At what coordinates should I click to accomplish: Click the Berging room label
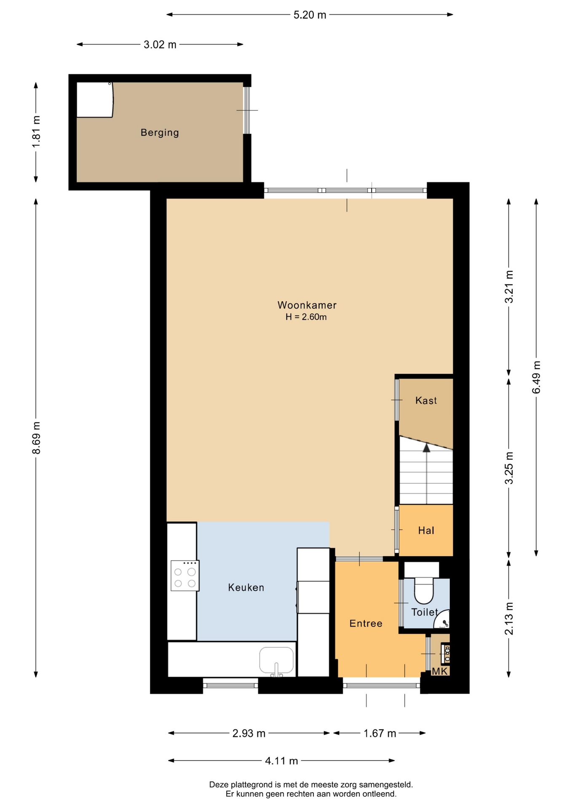point(160,133)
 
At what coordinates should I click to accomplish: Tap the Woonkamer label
point(307,305)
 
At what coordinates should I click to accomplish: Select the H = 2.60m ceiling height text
point(306,317)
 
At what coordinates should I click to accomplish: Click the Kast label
point(426,400)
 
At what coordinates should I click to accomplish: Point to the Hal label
point(426,530)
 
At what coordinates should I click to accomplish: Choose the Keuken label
point(246,587)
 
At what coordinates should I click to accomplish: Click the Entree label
point(366,623)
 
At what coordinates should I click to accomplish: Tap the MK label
point(439,671)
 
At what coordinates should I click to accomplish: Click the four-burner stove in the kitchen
point(185,576)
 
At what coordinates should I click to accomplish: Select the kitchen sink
point(276,661)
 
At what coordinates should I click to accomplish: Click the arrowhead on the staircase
point(427,447)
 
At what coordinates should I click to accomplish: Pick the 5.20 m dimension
point(310,15)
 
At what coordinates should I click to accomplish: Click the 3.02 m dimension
point(160,45)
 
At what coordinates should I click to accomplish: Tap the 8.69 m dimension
point(36,438)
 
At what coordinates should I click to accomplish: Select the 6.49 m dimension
point(536,377)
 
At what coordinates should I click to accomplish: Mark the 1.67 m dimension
point(380,734)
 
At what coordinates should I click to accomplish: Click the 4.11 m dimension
point(281,761)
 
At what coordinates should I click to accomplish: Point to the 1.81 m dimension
point(36,131)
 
